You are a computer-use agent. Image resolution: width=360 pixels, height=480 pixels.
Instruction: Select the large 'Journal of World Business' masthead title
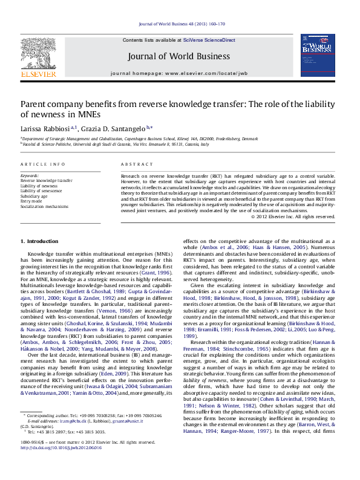179,57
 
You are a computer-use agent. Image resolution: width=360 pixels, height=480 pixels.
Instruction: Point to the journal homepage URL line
179,73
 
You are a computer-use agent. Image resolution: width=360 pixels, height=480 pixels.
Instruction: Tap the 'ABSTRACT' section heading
134,164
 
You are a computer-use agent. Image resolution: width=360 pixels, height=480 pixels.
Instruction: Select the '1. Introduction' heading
40,241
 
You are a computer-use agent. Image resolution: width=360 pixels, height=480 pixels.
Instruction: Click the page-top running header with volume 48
179,24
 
